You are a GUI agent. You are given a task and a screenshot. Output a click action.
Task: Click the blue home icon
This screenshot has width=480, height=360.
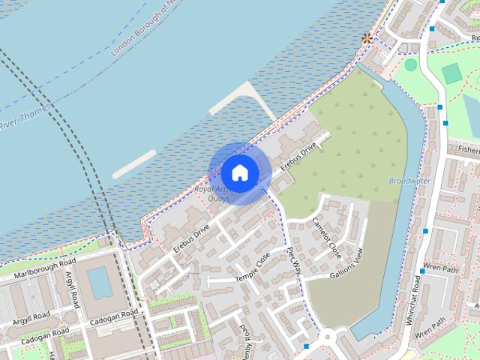coord(239,172)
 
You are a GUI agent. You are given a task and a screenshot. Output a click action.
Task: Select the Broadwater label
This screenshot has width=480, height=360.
coord(409,181)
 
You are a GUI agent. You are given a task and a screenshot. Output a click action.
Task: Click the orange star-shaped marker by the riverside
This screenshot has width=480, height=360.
coord(367,37)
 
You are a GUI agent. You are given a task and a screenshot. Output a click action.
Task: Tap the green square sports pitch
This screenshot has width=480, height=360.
coord(451,73)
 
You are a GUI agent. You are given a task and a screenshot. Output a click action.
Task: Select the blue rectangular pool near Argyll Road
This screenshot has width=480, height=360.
coord(100,283)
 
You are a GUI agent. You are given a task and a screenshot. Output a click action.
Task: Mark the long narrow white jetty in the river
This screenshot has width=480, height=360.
coord(135,163)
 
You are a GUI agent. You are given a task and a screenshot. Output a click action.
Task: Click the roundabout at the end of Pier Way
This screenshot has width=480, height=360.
coord(328,339)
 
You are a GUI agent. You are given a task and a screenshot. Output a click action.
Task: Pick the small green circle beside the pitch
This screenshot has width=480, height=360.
coord(411,64)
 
